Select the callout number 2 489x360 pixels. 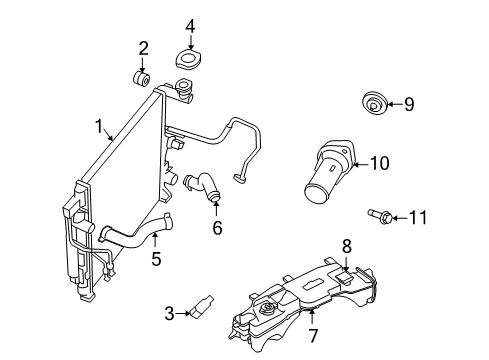[143, 47]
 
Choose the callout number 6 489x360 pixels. [217, 227]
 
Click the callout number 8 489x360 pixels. [347, 245]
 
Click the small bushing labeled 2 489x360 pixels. [142, 78]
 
